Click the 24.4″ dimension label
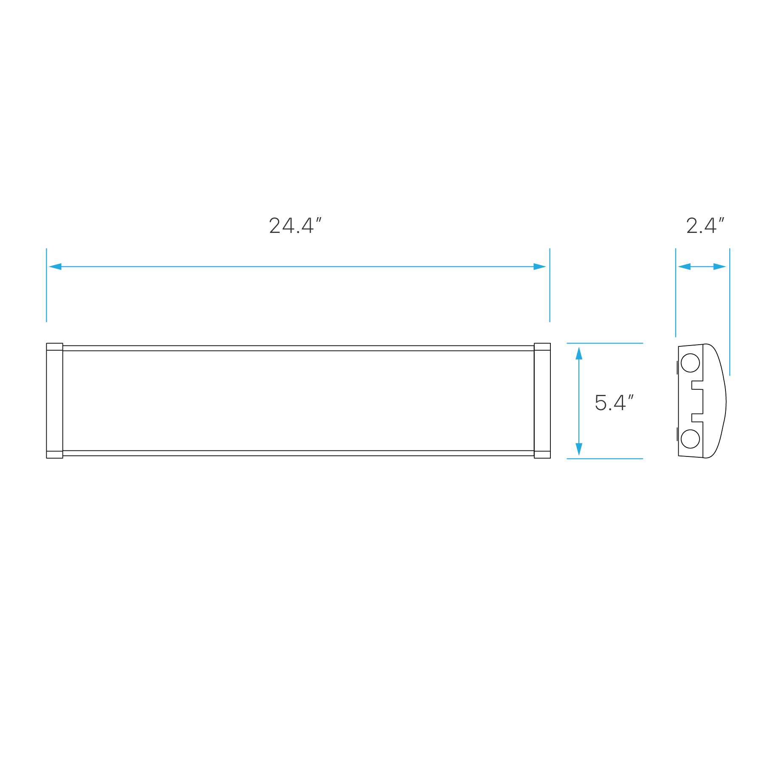coord(295,226)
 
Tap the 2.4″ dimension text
coord(705,226)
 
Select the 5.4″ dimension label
coord(614,403)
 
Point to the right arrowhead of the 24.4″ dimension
coord(540,267)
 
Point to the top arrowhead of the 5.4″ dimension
coord(579,353)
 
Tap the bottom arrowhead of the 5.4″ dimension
coord(579,449)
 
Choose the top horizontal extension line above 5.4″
coord(604,343)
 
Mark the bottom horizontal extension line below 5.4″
coord(604,459)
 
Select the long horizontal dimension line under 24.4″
coord(297,267)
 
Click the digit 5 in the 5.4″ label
coord(601,403)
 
